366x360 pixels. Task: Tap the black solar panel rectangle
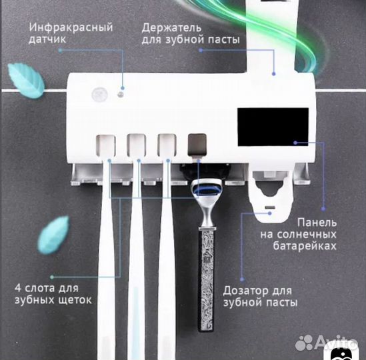(x=273, y=127)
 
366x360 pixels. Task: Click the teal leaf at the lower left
(x=53, y=233)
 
